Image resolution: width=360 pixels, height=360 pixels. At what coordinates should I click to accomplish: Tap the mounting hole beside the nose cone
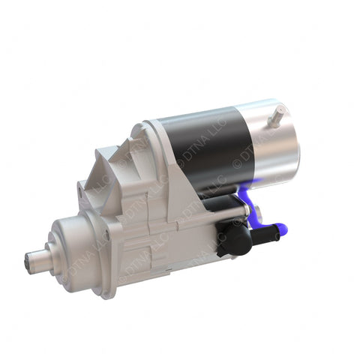point(106,234)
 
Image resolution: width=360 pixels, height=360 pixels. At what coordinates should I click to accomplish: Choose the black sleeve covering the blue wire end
point(262,233)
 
